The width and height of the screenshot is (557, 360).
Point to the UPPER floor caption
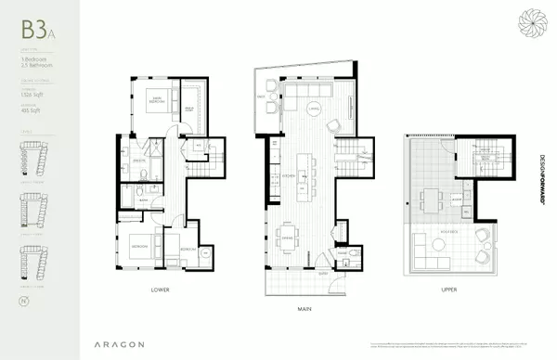(x=450, y=289)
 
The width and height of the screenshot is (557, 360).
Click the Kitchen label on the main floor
(x=289, y=175)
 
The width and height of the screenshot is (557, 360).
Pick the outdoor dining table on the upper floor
(x=432, y=199)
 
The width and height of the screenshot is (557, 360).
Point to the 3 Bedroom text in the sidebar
(x=32, y=59)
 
